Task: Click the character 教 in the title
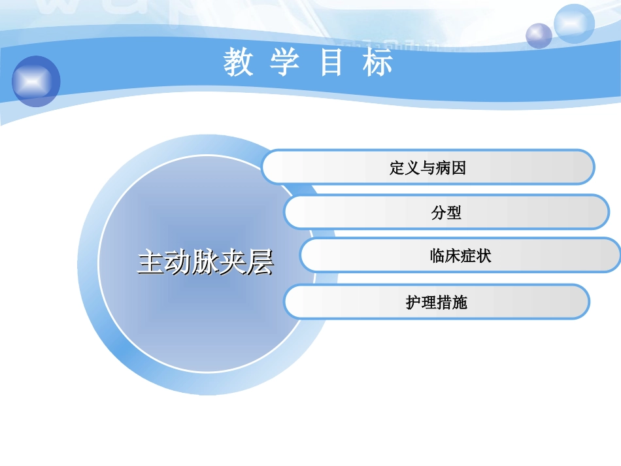click(x=238, y=63)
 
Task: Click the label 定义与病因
click(x=428, y=168)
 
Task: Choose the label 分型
click(x=446, y=212)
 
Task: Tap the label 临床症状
click(x=460, y=256)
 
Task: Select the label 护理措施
click(x=437, y=303)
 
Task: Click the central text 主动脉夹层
click(x=205, y=263)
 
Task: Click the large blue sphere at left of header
click(x=36, y=80)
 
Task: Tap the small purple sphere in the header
click(x=539, y=35)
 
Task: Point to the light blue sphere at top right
click(x=574, y=24)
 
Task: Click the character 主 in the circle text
click(x=150, y=263)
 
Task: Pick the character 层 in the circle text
click(x=260, y=263)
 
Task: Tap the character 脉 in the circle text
click(x=205, y=263)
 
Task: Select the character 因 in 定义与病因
click(x=459, y=168)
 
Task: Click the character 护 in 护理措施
click(x=413, y=303)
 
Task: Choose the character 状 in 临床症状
click(x=484, y=256)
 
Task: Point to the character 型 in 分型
click(x=454, y=212)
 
